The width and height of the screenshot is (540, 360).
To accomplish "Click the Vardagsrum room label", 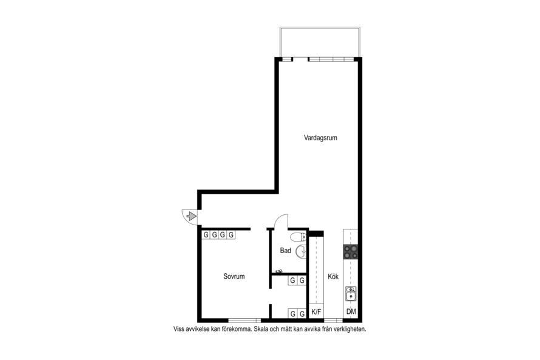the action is pos(320,138).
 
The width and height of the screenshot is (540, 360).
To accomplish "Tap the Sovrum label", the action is pos(234,276).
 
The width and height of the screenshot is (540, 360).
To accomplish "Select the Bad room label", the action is pos(286,251).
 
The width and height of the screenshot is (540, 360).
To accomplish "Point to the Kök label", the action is pos(333,276).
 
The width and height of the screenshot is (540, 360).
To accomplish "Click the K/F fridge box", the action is pos(316,312).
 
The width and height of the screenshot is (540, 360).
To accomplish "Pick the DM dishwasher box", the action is pos(351,312).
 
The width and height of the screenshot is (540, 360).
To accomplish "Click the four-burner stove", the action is pos(351,251).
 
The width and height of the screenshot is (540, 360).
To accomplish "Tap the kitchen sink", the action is pos(351,294).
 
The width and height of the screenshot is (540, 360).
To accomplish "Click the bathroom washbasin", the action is pos(302,251).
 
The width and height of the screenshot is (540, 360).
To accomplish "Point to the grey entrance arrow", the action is pos(191,216).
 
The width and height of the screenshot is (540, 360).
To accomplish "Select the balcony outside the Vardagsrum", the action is pos(320,42).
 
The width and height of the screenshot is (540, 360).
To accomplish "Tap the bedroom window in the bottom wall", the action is pos(245,321).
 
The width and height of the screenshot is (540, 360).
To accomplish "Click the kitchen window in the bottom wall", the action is pos(333,321).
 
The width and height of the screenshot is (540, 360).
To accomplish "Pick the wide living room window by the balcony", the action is pos(331,59).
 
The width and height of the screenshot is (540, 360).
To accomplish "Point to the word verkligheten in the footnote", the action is pos(350,329).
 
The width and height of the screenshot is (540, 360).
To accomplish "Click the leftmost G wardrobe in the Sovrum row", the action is pos(206,235).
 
